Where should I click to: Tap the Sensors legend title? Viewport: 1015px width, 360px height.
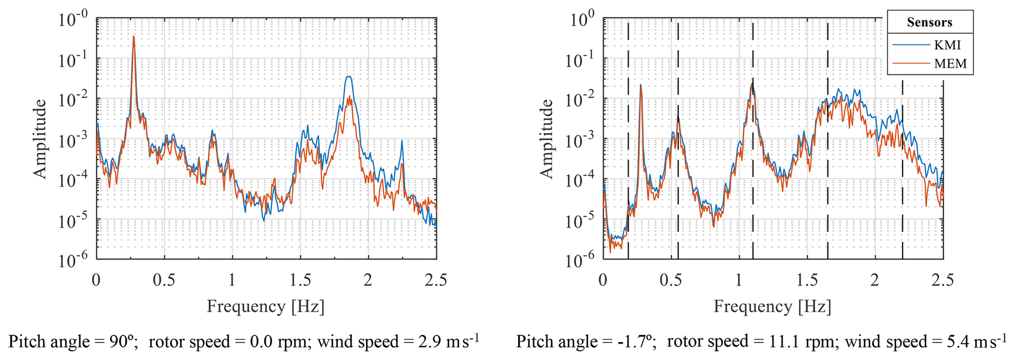[930, 23]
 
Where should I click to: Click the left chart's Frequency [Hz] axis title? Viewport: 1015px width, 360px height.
[266, 306]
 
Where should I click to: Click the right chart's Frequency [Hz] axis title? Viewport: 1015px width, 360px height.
[772, 306]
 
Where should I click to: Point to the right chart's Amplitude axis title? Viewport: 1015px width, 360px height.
[546, 139]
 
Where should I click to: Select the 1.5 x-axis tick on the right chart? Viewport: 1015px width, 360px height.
[807, 280]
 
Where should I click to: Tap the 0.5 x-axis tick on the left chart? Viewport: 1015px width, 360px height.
[164, 280]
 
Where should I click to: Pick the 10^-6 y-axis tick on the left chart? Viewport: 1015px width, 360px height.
[73, 259]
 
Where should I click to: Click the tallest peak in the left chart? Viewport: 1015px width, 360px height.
[134, 36]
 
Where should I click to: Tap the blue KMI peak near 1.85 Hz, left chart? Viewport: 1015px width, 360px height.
[348, 77]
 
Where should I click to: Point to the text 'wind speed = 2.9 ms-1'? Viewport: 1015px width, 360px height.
[398, 341]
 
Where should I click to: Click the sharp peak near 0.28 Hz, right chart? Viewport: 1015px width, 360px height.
[641, 85]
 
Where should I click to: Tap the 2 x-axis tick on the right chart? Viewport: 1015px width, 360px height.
[875, 280]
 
